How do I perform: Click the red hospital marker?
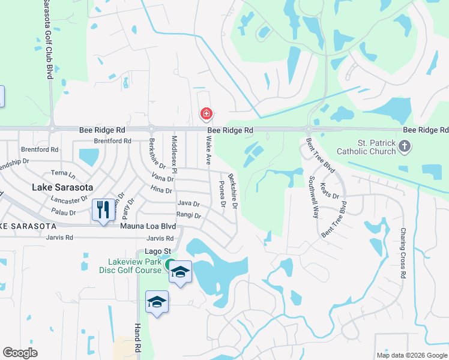206,113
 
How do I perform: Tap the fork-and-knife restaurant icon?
103,210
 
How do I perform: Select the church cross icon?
405,146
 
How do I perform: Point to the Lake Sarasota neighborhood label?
62,187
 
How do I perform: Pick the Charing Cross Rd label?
403,253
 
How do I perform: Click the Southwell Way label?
313,196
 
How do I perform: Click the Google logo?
20,353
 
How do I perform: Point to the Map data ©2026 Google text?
412,355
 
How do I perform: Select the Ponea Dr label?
222,194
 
